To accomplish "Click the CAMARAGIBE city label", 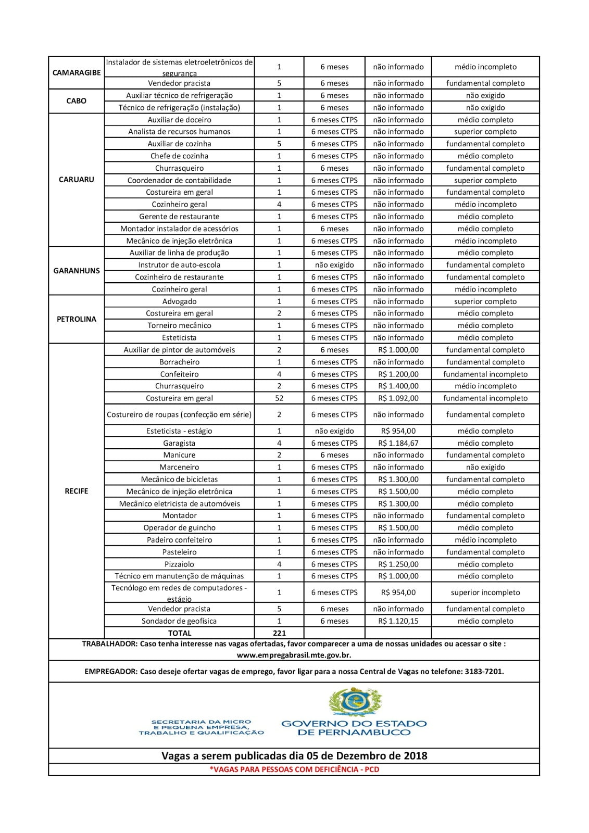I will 77,72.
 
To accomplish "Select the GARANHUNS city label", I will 77,271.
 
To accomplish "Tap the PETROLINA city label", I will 77,319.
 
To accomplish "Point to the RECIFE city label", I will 77,491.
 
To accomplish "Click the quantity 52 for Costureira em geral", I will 279,398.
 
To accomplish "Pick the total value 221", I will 279,633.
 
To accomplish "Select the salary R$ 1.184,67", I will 398,443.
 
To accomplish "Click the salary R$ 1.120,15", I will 398,621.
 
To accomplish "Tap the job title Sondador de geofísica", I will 179,621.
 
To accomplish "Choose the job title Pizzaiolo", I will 179,564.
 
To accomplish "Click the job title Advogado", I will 179,301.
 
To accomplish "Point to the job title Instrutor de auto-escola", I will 179,265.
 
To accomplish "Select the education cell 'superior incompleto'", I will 485,592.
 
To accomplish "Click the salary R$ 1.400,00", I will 398,386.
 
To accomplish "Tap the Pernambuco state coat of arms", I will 356,702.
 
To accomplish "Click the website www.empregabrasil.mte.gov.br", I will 294,655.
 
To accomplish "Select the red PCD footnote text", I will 294,769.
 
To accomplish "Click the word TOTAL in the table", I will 179,633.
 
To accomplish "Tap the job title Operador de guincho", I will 179,528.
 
